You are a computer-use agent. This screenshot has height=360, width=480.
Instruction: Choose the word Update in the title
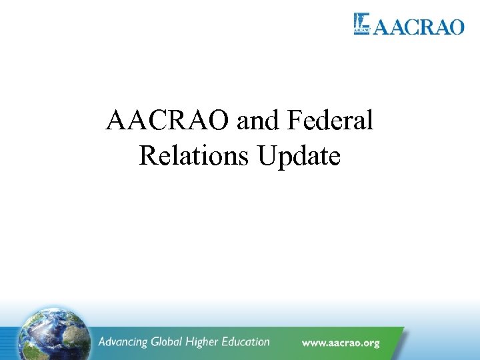pyautogui.click(x=299, y=157)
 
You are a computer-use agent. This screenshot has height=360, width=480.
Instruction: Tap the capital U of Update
pyautogui.click(x=267, y=155)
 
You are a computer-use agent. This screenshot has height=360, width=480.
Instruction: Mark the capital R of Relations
pyautogui.click(x=147, y=155)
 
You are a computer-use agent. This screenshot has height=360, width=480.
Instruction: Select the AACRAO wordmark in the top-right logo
pyautogui.click(x=418, y=27)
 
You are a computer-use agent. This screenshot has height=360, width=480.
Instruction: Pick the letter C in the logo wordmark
pyautogui.click(x=412, y=27)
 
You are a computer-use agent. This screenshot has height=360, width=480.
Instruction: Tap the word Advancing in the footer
pyautogui.click(x=124, y=342)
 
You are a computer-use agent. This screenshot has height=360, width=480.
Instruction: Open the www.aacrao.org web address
pyautogui.click(x=341, y=343)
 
